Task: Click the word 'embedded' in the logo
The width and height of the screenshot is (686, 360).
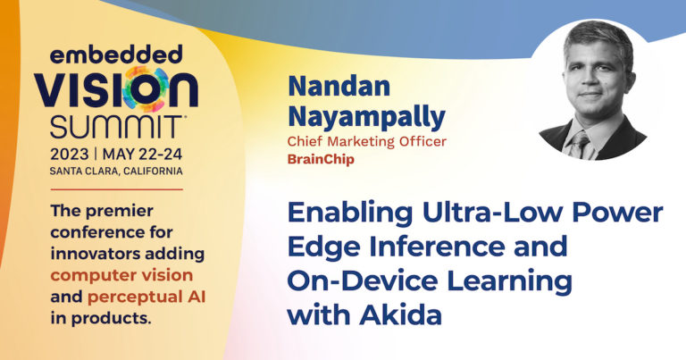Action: (x=116, y=54)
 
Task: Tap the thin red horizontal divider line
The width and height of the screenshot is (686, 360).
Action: (x=116, y=189)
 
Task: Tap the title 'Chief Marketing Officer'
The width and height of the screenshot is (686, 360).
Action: (x=366, y=141)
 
